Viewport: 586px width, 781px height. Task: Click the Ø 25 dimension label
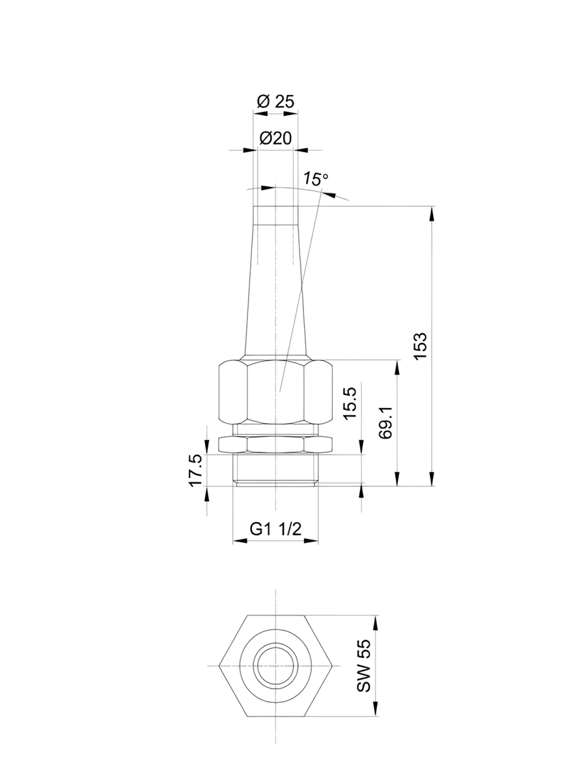click(x=275, y=102)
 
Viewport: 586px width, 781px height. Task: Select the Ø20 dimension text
click(x=275, y=138)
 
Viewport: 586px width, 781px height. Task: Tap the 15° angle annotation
click(x=316, y=179)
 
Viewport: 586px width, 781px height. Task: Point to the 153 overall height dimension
click(x=420, y=346)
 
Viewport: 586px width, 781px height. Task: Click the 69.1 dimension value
click(x=385, y=422)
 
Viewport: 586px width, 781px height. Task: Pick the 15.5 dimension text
click(x=350, y=404)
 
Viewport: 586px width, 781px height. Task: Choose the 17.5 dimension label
click(x=195, y=471)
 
